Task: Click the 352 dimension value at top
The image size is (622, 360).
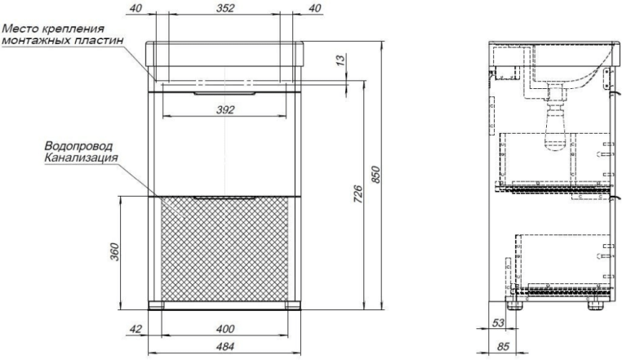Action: click(x=225, y=8)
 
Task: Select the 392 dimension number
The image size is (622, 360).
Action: click(x=225, y=110)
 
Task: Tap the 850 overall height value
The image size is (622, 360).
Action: click(x=375, y=175)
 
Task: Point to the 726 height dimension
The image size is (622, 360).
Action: click(x=358, y=194)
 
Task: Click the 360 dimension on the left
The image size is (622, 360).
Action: click(x=114, y=251)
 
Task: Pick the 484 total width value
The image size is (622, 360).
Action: click(x=225, y=346)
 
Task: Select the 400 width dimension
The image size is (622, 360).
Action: click(x=225, y=329)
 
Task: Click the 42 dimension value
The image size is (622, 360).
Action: click(x=136, y=329)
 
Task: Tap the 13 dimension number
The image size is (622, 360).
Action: click(x=340, y=60)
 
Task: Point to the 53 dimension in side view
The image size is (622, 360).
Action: click(x=498, y=322)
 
